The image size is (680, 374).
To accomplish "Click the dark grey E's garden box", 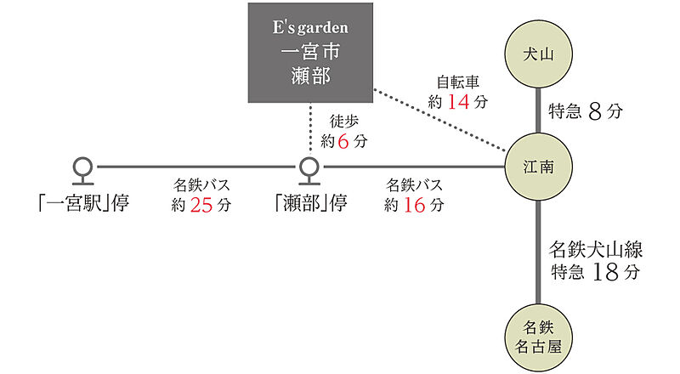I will [x=310, y=53].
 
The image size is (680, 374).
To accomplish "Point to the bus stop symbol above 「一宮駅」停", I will [x=82, y=168].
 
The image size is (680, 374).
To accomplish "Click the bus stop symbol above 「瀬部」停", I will [x=310, y=168].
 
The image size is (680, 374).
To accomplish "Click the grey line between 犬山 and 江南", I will [x=536, y=110].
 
